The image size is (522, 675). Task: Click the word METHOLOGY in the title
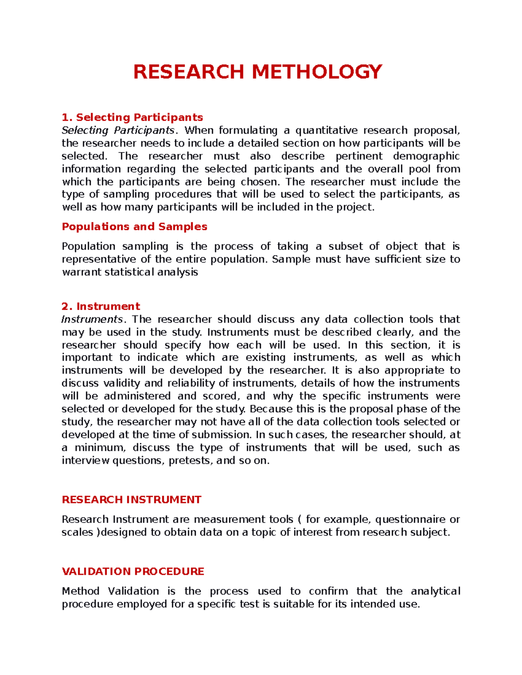(317, 72)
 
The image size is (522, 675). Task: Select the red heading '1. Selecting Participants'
(132, 117)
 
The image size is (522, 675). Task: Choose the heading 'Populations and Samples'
(134, 226)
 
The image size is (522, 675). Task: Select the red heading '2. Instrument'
(101, 306)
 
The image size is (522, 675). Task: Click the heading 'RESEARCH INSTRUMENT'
(131, 500)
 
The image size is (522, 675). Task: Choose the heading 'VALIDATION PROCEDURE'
(133, 572)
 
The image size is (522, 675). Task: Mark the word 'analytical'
(435, 591)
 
